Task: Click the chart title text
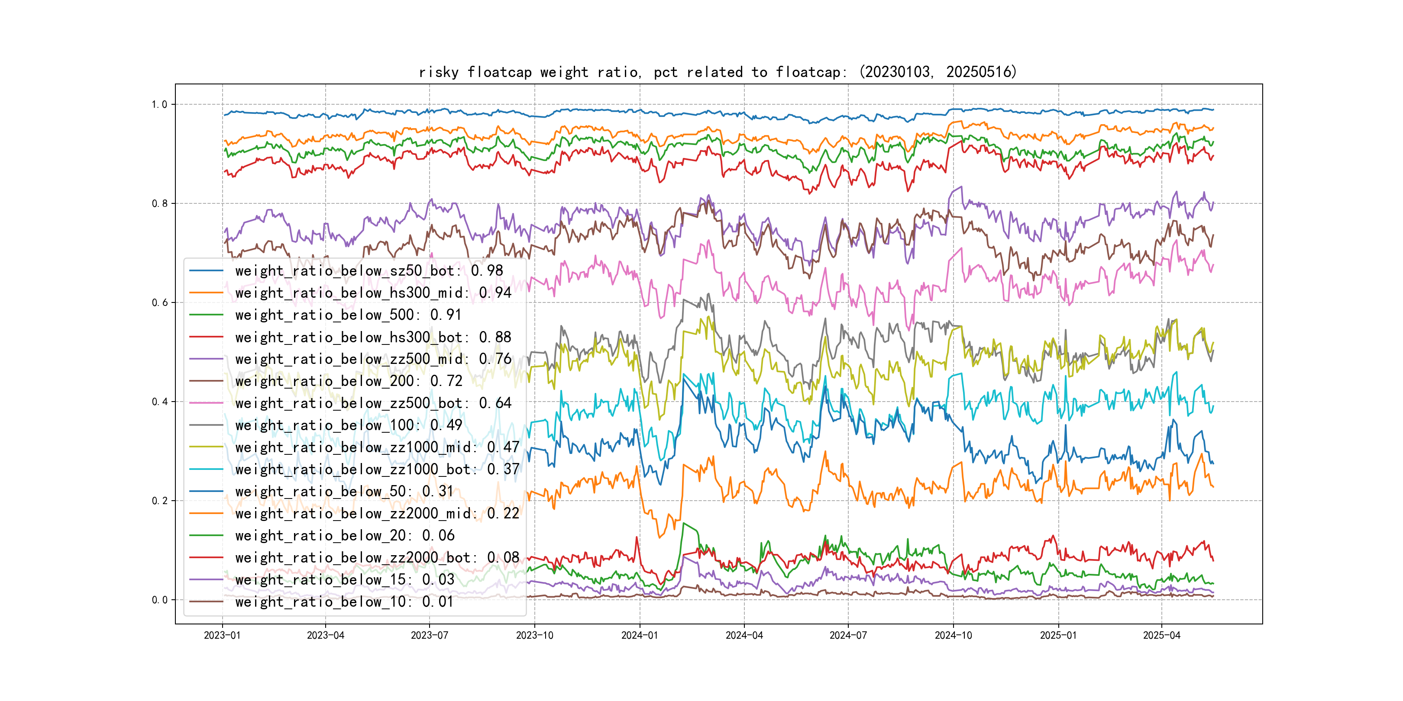point(717,72)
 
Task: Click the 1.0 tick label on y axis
point(159,104)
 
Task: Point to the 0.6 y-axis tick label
point(159,302)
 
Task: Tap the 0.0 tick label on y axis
point(159,600)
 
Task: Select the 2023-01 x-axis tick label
point(222,635)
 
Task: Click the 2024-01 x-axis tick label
point(640,635)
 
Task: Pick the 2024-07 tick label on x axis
point(847,635)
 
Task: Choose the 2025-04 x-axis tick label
point(1161,635)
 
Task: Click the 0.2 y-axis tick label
point(159,501)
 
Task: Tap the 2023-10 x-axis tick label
point(534,635)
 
